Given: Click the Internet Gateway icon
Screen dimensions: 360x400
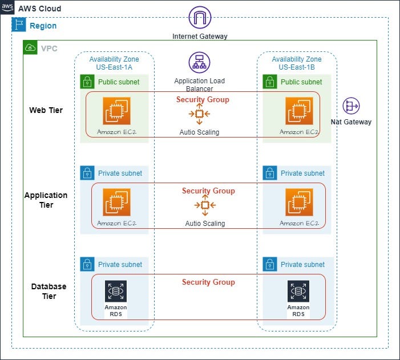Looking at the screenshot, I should (x=200, y=18).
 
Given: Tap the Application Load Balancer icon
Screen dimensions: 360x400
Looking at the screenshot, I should (x=199, y=62).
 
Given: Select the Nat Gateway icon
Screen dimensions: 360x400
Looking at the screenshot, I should (x=350, y=106).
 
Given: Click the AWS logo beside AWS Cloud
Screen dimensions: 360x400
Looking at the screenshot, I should (x=7, y=8).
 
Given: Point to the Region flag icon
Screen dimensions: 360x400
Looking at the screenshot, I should (x=18, y=25).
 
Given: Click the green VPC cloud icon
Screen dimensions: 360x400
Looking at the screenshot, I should (x=30, y=47).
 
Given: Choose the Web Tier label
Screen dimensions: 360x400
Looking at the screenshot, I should (x=46, y=110).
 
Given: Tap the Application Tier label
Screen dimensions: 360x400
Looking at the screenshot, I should (x=46, y=200).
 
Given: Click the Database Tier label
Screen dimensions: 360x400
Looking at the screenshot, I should (x=49, y=291).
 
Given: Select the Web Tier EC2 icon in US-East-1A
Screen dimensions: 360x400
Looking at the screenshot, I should (x=116, y=111).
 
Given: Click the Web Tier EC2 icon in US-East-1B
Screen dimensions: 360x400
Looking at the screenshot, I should (x=299, y=111).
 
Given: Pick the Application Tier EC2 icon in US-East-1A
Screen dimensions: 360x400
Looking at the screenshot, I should (x=116, y=202).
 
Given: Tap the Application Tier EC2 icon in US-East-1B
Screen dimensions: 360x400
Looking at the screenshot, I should (x=299, y=202).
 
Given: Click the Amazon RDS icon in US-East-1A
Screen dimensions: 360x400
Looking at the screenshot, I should (x=116, y=291).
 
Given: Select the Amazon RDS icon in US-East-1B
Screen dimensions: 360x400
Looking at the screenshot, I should (x=298, y=291).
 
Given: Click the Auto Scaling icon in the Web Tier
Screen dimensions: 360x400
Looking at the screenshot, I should (x=199, y=114).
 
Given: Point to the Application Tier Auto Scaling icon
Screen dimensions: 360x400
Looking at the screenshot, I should (x=205, y=205).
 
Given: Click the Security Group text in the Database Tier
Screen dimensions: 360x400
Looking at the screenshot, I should (x=208, y=282).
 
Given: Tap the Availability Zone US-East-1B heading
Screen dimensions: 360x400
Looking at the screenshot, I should (x=296, y=63).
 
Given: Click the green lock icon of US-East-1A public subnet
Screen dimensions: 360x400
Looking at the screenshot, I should (x=87, y=82).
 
